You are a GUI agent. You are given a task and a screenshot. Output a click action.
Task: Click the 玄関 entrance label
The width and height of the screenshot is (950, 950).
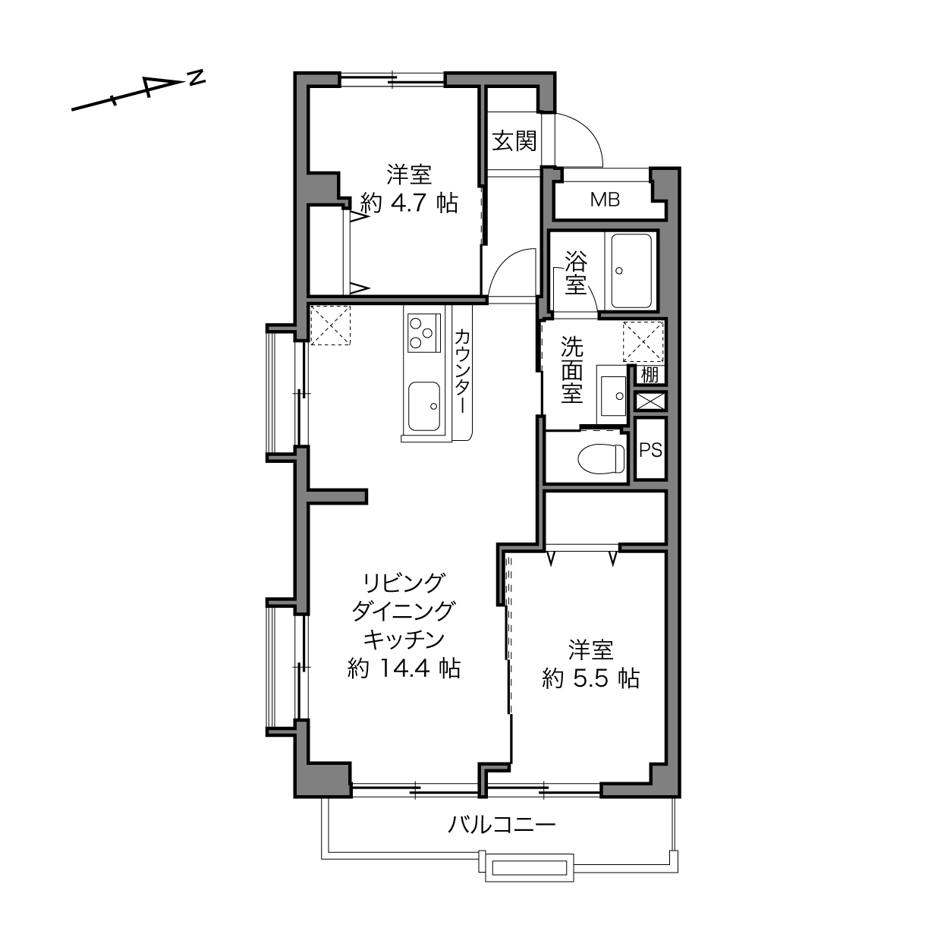[514, 142]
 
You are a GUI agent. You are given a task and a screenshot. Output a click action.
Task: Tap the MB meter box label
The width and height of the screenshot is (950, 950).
[605, 200]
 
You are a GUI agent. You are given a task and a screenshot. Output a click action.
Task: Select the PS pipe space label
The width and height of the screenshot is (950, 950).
[650, 450]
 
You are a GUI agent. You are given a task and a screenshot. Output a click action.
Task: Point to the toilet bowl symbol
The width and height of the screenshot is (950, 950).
[601, 459]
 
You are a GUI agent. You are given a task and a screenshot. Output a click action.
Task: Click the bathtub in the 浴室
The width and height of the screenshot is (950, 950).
[631, 271]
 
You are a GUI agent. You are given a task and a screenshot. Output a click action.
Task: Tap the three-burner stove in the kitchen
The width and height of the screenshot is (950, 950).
[424, 333]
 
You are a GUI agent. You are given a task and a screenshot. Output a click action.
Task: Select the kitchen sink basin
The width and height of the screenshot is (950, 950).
[424, 406]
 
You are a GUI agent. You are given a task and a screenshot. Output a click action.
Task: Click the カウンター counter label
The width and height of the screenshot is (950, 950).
[462, 371]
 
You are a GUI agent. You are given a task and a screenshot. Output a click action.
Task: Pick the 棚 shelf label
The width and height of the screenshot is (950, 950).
[650, 375]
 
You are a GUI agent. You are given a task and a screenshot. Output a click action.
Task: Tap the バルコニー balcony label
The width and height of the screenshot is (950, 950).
[502, 824]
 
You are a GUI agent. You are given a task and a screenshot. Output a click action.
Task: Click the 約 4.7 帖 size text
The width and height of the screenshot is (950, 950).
[410, 203]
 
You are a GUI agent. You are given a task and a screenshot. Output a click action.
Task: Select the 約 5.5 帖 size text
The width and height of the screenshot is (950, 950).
[591, 678]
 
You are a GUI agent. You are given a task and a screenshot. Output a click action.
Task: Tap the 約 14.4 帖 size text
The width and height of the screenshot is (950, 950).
[404, 668]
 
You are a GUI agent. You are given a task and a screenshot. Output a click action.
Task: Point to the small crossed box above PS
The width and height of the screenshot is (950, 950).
[650, 401]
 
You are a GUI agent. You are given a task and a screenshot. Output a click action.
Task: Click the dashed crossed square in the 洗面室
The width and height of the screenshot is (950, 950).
[643, 342]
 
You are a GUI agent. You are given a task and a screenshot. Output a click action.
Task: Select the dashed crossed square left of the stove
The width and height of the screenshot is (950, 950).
[330, 325]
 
